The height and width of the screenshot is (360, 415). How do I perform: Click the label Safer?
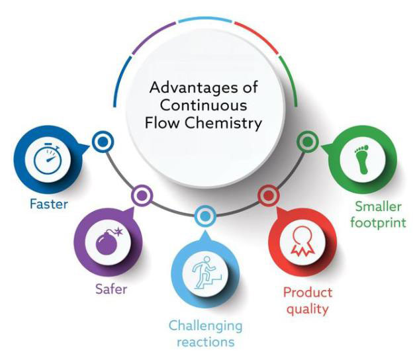(107, 289)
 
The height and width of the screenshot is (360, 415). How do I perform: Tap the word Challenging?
(205, 326)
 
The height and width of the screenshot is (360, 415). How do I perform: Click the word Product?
(307, 292)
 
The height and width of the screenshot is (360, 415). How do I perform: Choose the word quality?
(307, 308)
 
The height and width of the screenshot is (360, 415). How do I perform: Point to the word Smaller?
(379, 205)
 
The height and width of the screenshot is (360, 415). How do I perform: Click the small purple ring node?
(140, 195)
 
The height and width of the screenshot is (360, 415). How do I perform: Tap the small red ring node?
(267, 195)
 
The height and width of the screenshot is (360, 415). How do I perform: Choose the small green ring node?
(305, 140)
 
